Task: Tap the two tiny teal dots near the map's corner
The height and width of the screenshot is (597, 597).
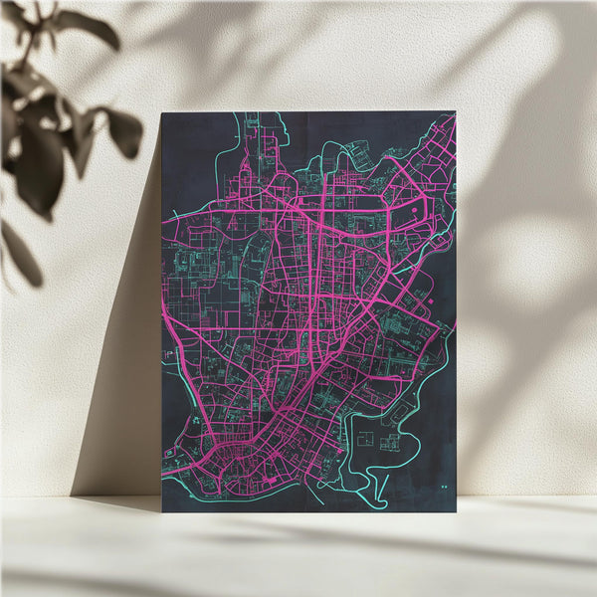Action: coord(442,487)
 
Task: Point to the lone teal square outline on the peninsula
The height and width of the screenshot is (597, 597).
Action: coord(365,438)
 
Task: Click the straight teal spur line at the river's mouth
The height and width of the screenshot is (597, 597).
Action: coord(313,493)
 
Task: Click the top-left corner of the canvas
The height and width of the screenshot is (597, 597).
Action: coord(162,111)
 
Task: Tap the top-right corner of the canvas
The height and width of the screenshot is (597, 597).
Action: coord(455,111)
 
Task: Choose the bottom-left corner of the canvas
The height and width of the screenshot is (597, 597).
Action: coord(162,511)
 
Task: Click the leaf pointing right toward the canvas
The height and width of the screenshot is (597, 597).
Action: coord(124,132)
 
